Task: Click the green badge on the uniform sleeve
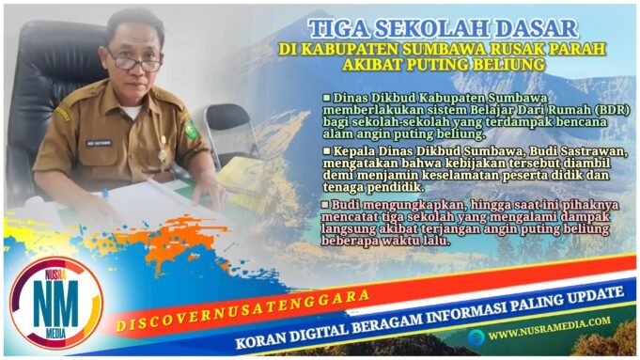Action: coord(191,129)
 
